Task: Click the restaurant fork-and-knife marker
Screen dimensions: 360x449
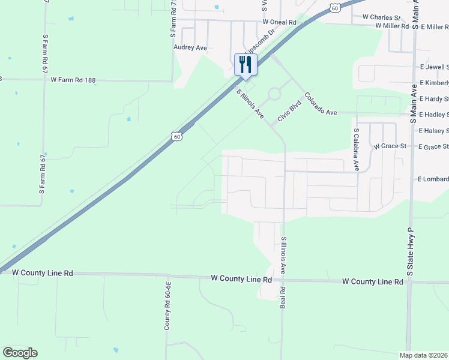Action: (246, 64)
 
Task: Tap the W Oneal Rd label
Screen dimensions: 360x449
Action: (280, 22)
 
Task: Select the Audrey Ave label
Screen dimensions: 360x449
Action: (190, 47)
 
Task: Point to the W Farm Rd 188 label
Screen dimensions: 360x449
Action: (73, 80)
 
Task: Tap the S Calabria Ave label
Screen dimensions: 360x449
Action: (356, 149)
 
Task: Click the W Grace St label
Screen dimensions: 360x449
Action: (390, 146)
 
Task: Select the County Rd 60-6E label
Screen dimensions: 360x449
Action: (169, 305)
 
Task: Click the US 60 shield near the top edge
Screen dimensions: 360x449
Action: (335, 7)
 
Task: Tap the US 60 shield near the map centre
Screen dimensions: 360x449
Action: (176, 136)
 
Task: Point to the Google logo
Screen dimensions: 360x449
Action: (20, 353)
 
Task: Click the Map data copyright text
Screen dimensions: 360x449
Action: (424, 355)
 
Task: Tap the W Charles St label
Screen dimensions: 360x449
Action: (381, 18)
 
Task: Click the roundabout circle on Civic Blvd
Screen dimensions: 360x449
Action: (274, 94)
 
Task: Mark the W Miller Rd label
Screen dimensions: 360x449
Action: (392, 26)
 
